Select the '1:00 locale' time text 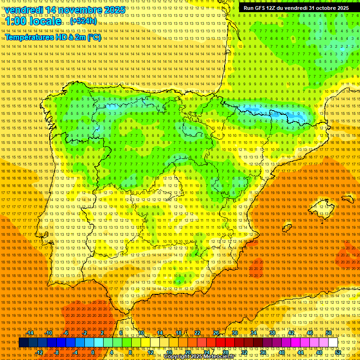(33, 22)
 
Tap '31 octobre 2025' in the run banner (329, 8)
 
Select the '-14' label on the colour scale (30, 333)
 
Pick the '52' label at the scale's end (338, 352)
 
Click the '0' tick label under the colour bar (93, 352)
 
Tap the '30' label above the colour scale (234, 333)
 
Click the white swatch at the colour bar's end (333, 343)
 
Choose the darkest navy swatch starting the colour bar (23, 343)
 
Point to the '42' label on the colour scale (291, 333)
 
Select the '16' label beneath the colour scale (169, 352)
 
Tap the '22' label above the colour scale (197, 333)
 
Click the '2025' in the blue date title (114, 10)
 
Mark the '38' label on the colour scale (272, 333)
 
